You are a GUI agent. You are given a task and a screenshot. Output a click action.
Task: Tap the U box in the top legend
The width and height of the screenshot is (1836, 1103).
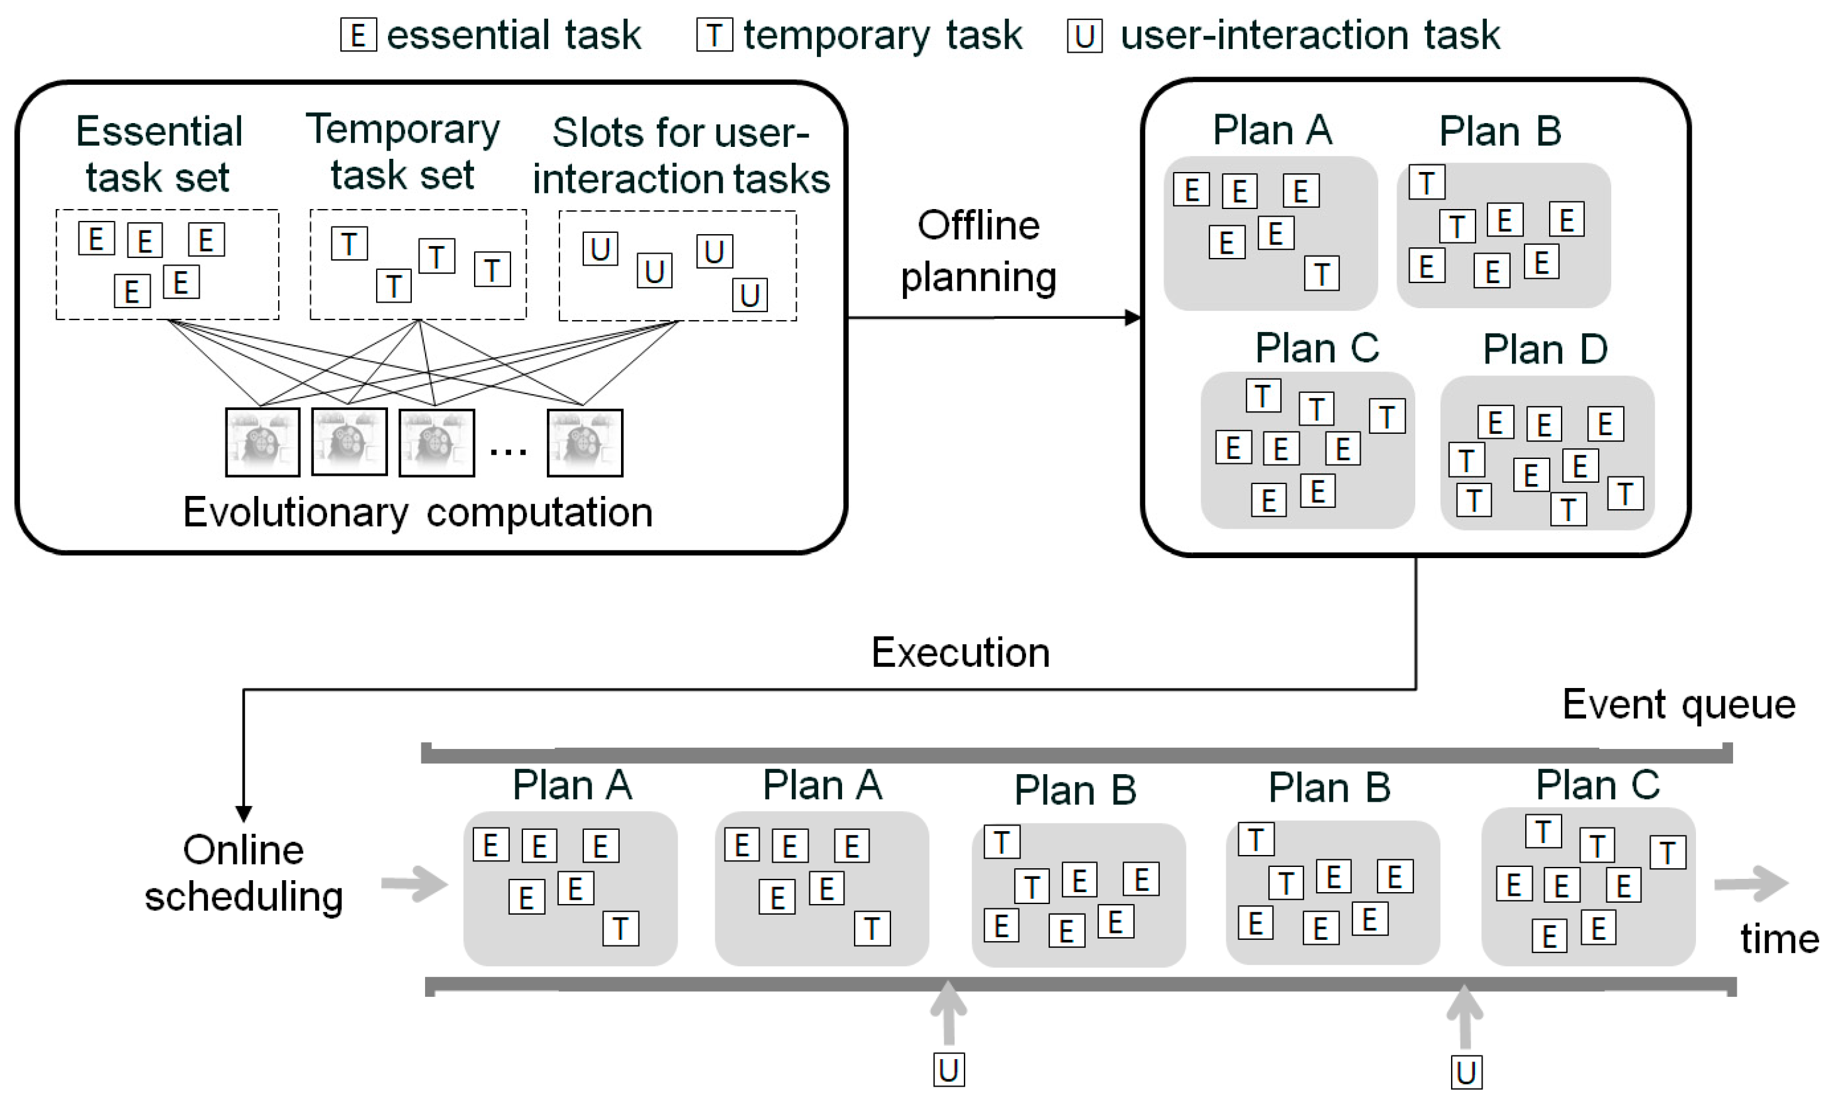tap(1084, 36)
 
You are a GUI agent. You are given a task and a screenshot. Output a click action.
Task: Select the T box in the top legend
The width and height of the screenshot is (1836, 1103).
tap(713, 35)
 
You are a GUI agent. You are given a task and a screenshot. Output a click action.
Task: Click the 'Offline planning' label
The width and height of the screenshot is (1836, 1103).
tap(978, 251)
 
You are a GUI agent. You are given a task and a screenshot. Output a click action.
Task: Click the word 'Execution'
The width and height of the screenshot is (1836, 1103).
tap(959, 653)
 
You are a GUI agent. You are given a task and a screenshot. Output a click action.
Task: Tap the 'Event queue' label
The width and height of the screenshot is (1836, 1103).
tap(1678, 704)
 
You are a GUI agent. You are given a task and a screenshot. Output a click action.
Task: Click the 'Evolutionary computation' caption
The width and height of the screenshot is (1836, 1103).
tap(418, 512)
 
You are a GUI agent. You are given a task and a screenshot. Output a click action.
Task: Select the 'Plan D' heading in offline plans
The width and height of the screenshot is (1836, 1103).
tap(1545, 348)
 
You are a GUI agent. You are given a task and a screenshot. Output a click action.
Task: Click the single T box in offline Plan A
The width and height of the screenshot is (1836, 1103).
tap(1321, 274)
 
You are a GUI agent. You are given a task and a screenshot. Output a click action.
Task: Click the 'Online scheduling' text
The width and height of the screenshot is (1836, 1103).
tap(243, 873)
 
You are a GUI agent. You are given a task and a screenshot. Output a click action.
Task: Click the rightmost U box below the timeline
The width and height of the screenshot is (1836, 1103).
tap(1466, 1072)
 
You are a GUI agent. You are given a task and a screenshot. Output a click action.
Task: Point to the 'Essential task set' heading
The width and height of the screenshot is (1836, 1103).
tap(158, 154)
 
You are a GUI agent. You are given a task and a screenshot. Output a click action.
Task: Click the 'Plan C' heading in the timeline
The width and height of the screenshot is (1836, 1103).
tap(1597, 785)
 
